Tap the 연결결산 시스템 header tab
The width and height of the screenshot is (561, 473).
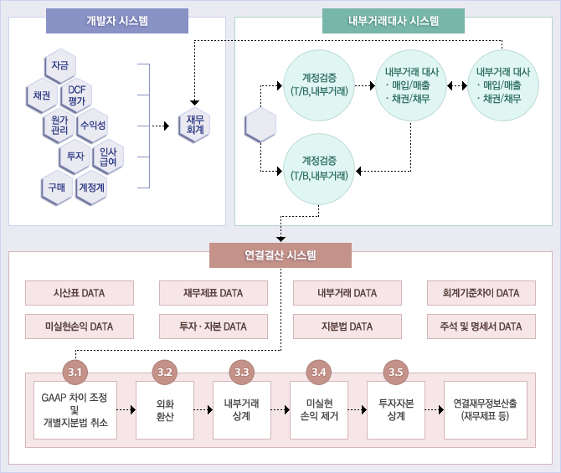point(280,255)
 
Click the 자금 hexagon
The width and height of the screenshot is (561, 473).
point(59,65)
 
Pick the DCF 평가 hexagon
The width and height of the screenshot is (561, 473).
point(77,95)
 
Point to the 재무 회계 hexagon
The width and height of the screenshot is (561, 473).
point(195,125)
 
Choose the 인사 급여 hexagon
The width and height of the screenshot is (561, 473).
point(108,156)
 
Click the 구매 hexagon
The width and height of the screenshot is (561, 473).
point(57,187)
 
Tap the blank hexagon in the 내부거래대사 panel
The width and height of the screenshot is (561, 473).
point(260,126)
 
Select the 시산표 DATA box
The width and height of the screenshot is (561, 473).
point(80,293)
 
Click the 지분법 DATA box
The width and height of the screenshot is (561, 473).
point(347,326)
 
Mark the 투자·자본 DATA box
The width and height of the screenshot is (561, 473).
point(213,326)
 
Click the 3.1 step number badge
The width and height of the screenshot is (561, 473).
point(75,371)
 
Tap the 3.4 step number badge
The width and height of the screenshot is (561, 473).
point(318,371)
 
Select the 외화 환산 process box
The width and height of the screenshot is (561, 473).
point(165,410)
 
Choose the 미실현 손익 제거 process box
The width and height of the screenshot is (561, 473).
point(318,410)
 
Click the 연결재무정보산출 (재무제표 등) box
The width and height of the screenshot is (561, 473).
point(486,410)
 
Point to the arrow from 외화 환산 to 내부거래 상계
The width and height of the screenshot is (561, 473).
point(203,410)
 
